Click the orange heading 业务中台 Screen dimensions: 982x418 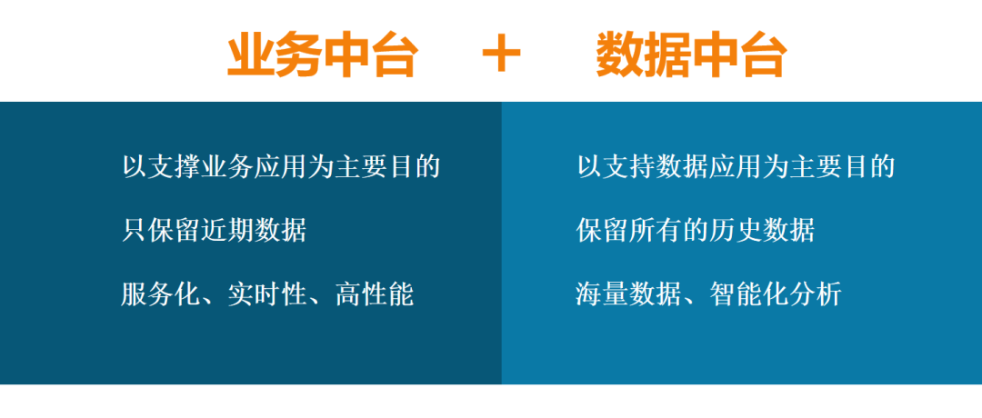click(322, 55)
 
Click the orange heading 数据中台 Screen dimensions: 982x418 click(691, 55)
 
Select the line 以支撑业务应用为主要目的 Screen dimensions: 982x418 click(281, 166)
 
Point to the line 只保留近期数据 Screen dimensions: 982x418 click(215, 230)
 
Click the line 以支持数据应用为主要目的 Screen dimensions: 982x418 click(736, 166)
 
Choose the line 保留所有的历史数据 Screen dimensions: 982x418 click(696, 230)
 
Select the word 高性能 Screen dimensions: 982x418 click(375, 294)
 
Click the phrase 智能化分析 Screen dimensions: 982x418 click(776, 294)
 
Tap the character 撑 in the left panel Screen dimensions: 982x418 click(188, 166)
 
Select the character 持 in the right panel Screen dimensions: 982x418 click(643, 166)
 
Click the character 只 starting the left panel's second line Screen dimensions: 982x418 click(135, 230)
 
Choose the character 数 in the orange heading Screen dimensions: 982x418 click(620, 55)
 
